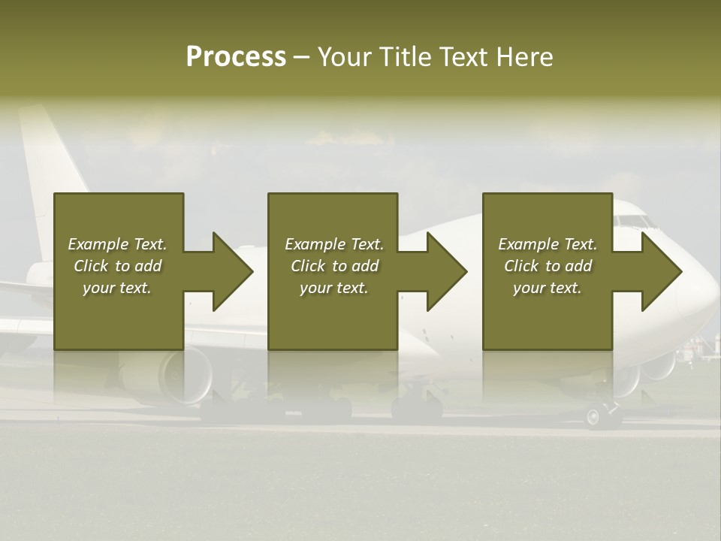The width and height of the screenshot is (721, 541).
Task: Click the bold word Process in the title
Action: (236, 57)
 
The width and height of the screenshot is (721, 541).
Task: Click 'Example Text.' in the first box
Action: (117, 244)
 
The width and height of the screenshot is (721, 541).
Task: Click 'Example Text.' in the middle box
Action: (333, 244)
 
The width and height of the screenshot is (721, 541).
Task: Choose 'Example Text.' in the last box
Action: (548, 244)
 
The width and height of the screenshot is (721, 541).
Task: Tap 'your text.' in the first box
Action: (117, 288)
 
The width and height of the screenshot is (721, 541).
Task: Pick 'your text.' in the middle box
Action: (333, 288)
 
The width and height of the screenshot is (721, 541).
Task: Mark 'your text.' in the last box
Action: (548, 288)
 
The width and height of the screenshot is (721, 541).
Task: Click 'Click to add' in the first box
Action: (117, 266)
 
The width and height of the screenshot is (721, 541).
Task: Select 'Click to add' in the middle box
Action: (333, 266)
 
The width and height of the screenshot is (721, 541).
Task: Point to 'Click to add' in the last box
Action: (548, 266)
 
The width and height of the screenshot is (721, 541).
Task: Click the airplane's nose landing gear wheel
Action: (593, 416)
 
